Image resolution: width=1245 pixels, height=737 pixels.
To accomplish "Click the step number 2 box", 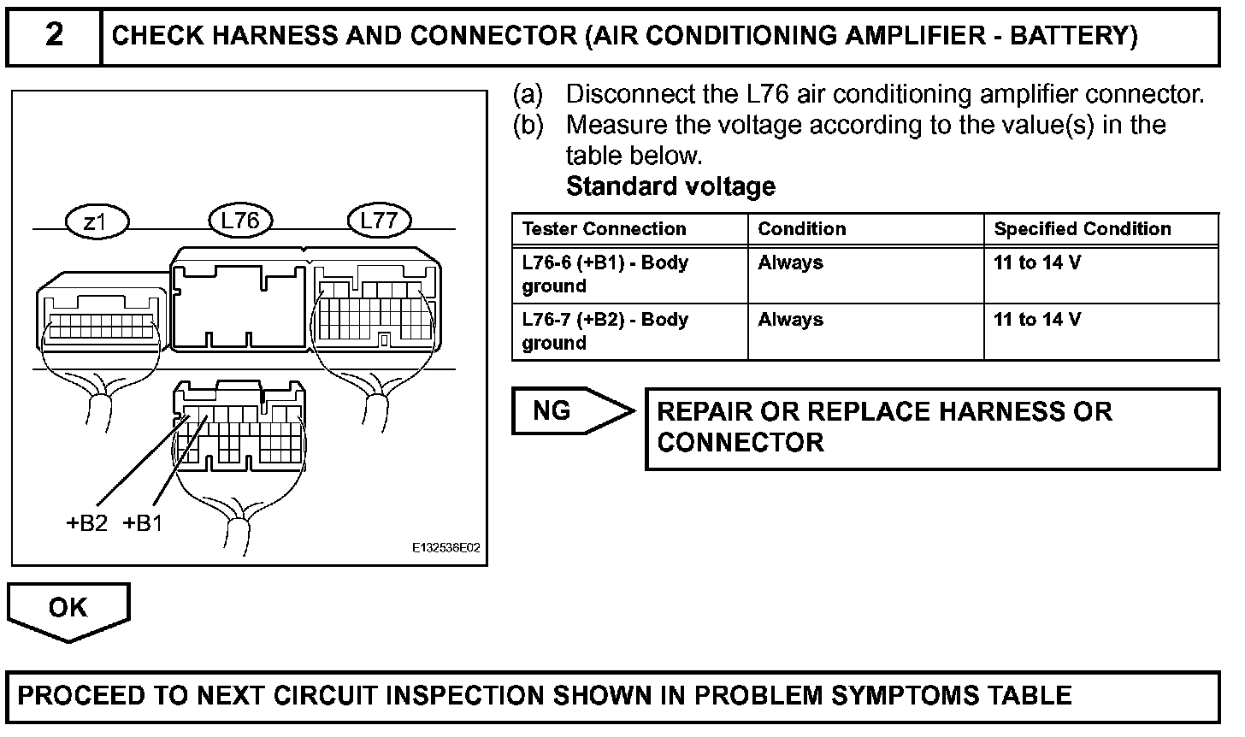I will [x=54, y=36].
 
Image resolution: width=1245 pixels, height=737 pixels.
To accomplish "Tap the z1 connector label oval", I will [x=96, y=222].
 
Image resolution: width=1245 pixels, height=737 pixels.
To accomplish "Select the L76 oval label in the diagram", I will [x=239, y=221].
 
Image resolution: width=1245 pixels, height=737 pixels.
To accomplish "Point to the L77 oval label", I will [x=379, y=221].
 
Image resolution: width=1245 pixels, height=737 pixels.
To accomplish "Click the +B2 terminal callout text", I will [x=87, y=523].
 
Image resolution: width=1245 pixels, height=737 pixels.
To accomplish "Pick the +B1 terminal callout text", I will [x=142, y=523].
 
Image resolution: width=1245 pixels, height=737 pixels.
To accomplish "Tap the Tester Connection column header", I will [x=604, y=229].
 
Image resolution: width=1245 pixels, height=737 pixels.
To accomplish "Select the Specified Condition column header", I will [x=1082, y=229].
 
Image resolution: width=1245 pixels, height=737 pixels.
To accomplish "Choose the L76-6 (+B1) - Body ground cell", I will [x=605, y=274].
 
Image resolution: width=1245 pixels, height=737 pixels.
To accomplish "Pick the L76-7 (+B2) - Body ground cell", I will [x=605, y=331].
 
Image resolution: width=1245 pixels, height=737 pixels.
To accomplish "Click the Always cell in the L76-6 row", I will [x=790, y=262].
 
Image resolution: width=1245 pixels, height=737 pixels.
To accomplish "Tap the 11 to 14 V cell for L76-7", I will [x=1036, y=320].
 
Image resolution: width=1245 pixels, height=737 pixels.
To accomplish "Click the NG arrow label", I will [x=552, y=411].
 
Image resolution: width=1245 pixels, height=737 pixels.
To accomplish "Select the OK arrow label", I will [x=68, y=608].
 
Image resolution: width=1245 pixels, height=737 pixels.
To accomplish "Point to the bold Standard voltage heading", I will [x=670, y=186].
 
